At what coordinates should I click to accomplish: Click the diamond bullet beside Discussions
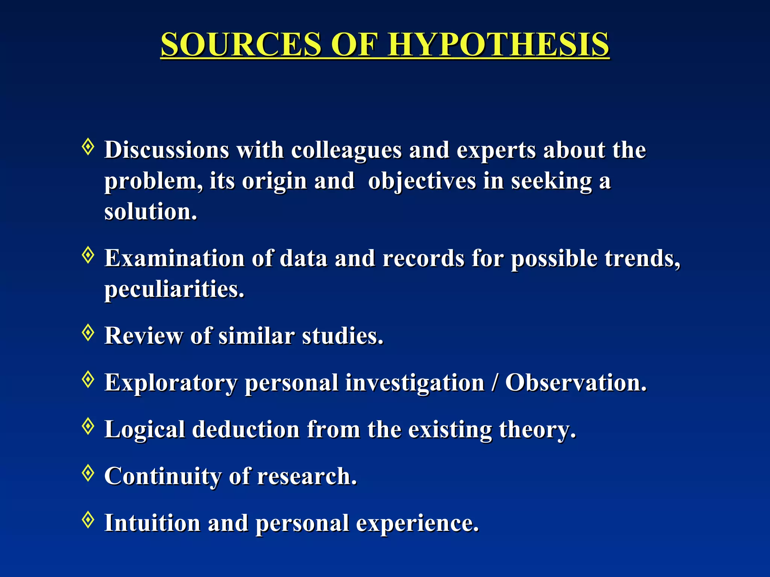coord(88,147)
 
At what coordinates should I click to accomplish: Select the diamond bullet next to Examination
coord(88,255)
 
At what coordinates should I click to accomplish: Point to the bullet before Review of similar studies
coord(88,332)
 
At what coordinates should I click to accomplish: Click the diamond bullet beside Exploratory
coord(88,379)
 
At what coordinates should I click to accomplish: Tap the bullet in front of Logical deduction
coord(88,426)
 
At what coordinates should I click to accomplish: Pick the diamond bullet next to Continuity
coord(88,473)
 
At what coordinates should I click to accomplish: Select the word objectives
coord(422,182)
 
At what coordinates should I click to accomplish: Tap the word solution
coord(150,212)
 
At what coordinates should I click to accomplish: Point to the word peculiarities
coord(174,290)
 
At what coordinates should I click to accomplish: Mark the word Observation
coord(576,383)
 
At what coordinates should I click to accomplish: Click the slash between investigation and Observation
coord(494,383)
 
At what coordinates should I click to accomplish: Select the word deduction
coord(246,430)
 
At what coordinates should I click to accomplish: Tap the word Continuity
coord(163,477)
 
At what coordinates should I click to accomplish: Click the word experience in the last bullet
coord(417,524)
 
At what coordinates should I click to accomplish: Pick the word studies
coord(343,336)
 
